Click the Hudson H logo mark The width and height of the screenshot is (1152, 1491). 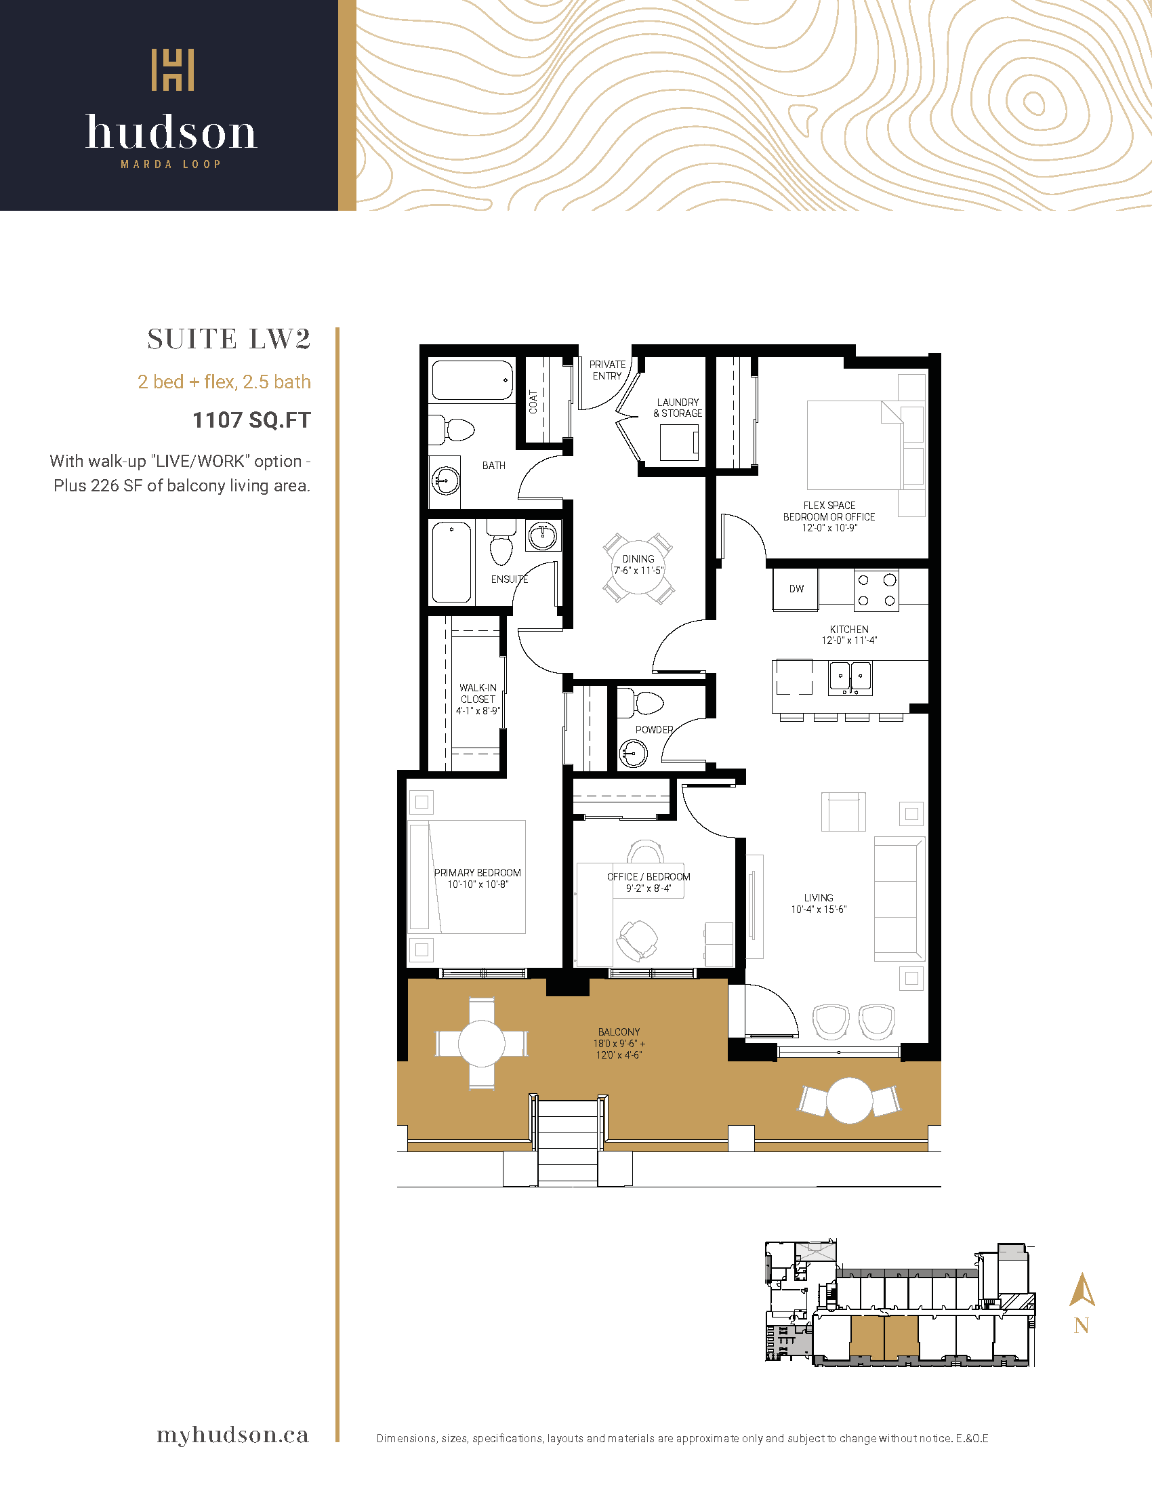coord(173,70)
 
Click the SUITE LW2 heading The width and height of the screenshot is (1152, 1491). coord(228,340)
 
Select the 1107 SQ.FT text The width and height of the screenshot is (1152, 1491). coord(251,420)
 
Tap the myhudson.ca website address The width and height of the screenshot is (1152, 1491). coord(232,1434)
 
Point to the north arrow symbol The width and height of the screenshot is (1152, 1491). coord(1082,1290)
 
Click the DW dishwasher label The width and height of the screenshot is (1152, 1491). coord(796,588)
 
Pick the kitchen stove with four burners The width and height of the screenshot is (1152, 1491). coord(876,590)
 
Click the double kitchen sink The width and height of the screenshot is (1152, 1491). coord(850,677)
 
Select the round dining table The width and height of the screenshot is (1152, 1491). coord(638,567)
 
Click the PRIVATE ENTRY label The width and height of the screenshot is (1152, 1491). coord(607,370)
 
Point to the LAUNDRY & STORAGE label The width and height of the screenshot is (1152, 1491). coord(678,407)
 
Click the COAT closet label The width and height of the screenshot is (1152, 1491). coord(533,402)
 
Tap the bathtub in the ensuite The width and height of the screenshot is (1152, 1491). coord(451,562)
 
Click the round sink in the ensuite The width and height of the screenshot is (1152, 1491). coord(543,536)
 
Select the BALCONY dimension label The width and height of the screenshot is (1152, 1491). coord(619,1043)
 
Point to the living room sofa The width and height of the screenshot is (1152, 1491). coord(899,899)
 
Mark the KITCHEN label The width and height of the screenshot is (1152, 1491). coord(849,629)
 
